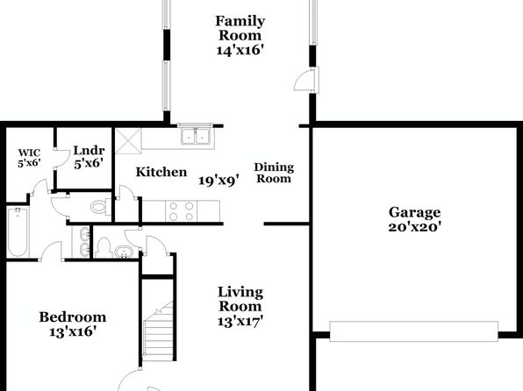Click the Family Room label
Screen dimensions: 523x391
click(240, 28)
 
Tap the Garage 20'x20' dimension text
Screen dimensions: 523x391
click(414, 227)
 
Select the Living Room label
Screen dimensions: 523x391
click(240, 299)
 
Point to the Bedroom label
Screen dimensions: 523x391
click(73, 317)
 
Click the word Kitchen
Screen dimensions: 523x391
click(161, 172)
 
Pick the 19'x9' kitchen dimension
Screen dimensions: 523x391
click(219, 181)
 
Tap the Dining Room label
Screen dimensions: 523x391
click(274, 173)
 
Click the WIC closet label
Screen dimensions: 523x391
click(29, 153)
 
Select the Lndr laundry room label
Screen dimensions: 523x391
click(89, 151)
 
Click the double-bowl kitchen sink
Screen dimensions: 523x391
click(195, 136)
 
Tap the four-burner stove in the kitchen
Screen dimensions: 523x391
click(181, 211)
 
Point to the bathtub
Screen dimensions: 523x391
click(18, 231)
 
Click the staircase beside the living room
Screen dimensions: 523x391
click(158, 329)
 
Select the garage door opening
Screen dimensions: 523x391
click(414, 331)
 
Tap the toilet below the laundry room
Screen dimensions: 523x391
click(100, 207)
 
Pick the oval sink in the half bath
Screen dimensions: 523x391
click(124, 252)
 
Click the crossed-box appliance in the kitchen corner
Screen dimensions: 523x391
click(128, 140)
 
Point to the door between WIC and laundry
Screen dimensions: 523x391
click(60, 158)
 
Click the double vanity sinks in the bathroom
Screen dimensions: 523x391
click(82, 242)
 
